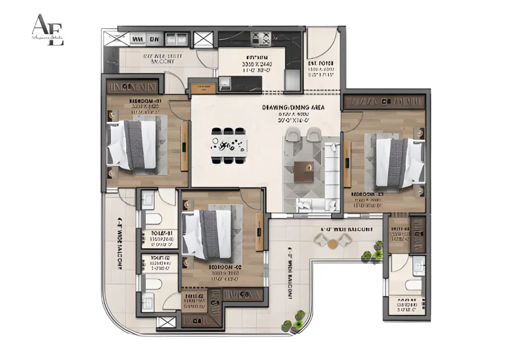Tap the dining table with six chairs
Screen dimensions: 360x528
(x=229, y=144)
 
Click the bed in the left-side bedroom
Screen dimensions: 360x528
(x=132, y=144)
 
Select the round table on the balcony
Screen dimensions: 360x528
(x=333, y=244)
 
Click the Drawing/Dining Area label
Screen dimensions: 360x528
(x=293, y=108)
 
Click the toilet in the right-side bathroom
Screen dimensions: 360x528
(x=414, y=285)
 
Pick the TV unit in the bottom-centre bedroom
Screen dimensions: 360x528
(x=259, y=232)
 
